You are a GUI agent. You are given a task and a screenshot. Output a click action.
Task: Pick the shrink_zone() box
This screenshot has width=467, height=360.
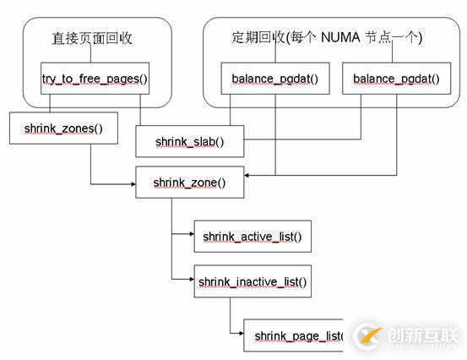189,183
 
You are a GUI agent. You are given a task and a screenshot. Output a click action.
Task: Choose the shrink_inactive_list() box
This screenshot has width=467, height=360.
253,281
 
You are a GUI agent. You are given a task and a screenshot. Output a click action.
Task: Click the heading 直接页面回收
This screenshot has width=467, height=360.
91,38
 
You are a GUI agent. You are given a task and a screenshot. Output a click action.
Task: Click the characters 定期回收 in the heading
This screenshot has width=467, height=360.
257,38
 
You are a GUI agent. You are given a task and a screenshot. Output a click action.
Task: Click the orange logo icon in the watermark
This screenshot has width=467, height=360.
366,335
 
